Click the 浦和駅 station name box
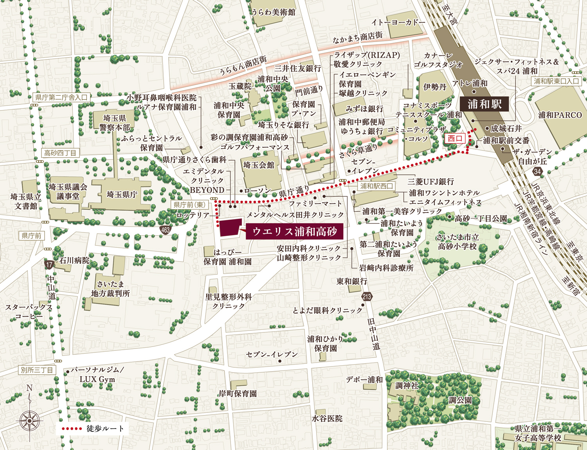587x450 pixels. point(484,104)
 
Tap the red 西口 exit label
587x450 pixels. point(455,138)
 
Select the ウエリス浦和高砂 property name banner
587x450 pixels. point(294,231)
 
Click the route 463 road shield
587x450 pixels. point(166,230)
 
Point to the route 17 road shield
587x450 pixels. point(49,265)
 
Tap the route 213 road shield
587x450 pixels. point(367,296)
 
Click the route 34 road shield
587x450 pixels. point(537,171)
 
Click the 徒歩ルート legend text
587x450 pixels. point(105,428)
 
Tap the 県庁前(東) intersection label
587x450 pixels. point(189,205)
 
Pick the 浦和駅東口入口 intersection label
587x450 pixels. point(556,81)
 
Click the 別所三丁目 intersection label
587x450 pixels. point(37,370)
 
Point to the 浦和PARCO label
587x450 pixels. point(560,115)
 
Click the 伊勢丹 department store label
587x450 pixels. point(435,87)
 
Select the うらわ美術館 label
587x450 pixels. point(273,12)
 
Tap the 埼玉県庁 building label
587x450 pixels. point(122,194)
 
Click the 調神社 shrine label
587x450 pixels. point(407,386)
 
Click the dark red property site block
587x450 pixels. point(229,228)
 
